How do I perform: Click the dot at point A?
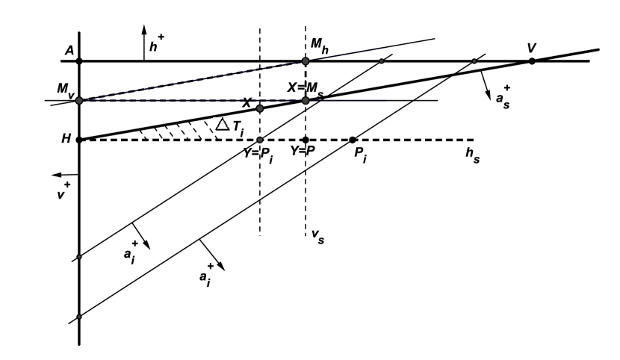click(x=78, y=60)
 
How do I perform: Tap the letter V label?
click(x=531, y=48)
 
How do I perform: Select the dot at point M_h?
click(x=305, y=60)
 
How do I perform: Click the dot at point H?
click(x=78, y=140)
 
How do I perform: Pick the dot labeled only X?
click(x=259, y=108)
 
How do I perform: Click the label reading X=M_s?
click(x=304, y=87)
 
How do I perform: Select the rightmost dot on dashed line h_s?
click(x=353, y=140)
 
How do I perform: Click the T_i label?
click(x=238, y=128)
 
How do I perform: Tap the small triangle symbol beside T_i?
click(x=221, y=125)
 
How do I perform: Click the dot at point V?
click(x=532, y=60)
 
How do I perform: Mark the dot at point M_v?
click(x=78, y=100)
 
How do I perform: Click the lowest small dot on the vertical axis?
click(x=78, y=317)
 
